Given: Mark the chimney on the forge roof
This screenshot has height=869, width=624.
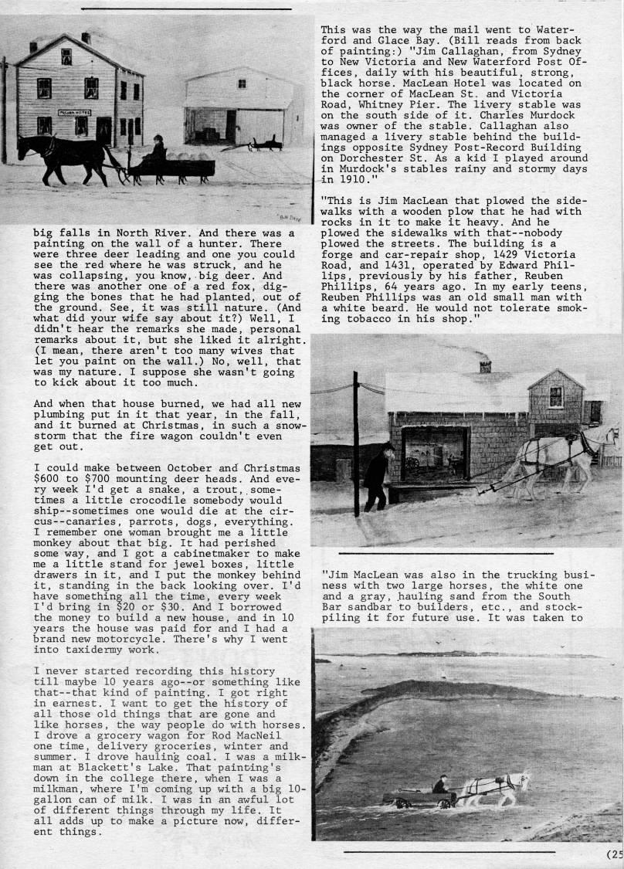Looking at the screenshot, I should click(485, 365).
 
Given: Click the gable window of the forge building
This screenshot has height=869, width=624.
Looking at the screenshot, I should click(556, 396).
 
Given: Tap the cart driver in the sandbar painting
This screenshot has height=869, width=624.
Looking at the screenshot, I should click(440, 787).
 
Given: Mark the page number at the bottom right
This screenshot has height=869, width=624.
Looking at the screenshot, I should click(615, 854).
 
